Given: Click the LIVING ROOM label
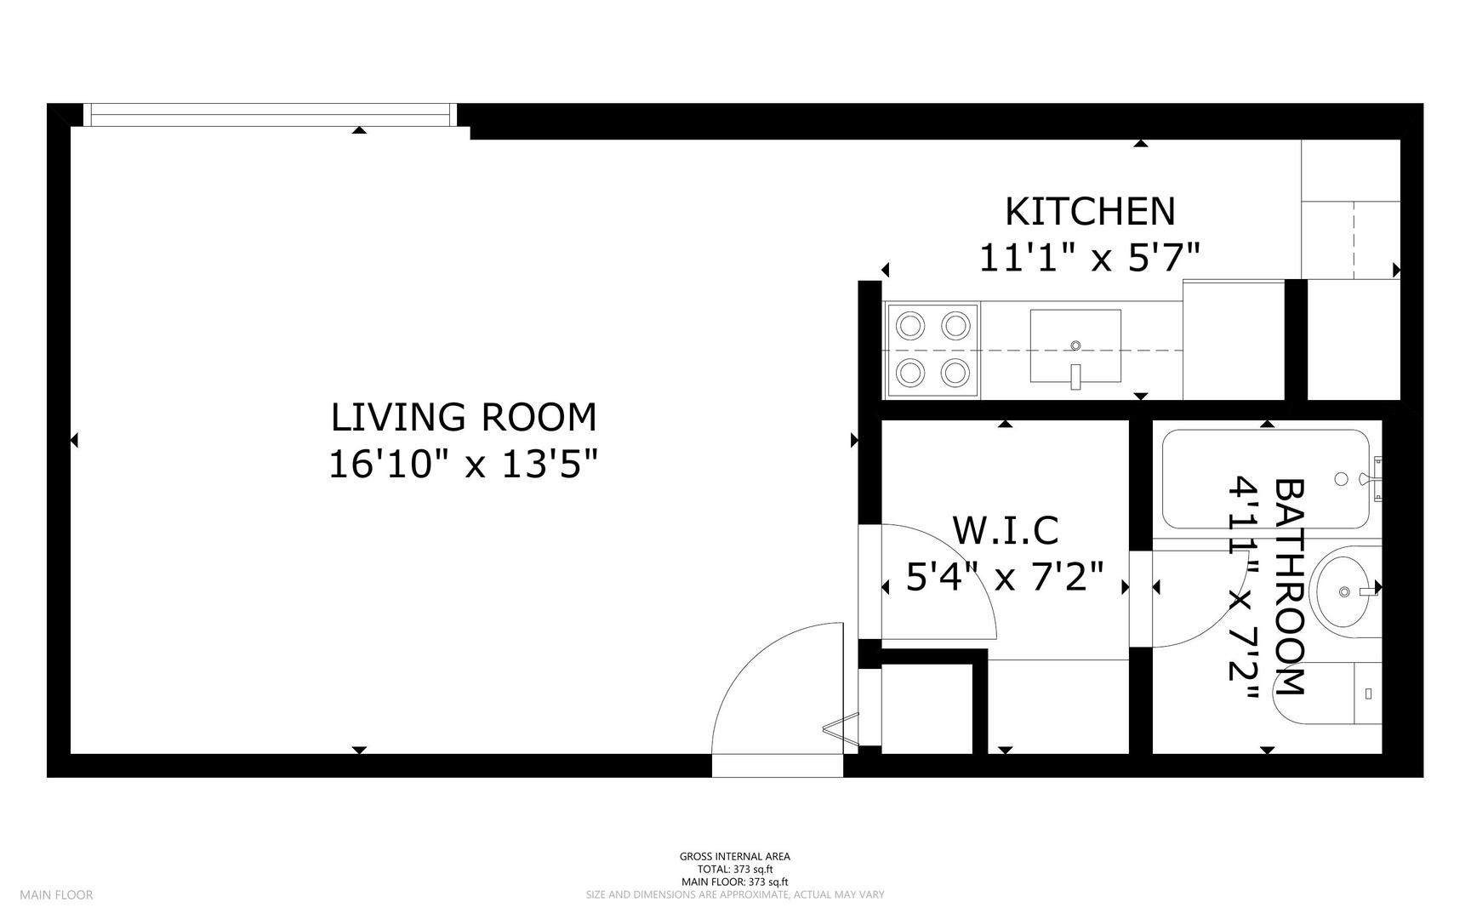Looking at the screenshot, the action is pos(464,417).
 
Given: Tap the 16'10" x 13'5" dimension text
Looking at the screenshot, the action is pos(464,465).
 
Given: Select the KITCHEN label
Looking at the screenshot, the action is pos(1090,212).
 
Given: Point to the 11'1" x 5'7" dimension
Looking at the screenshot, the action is pos(1090,257).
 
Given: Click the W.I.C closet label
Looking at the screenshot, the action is pos(1005,530).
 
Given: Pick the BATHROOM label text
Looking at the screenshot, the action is pos(1289,587).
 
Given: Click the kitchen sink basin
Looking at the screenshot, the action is pos(1075,345).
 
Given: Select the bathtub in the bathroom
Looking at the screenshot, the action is pos(1266,479).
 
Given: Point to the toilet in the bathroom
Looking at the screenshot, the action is pos(1327,693).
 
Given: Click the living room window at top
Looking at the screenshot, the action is pos(270,115).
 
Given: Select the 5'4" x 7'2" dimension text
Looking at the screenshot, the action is pos(1005,578).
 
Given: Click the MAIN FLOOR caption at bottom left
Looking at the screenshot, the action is pos(56,894).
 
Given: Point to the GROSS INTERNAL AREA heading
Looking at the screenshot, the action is pos(735,857).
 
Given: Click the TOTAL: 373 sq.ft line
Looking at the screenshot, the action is pos(735,870).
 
